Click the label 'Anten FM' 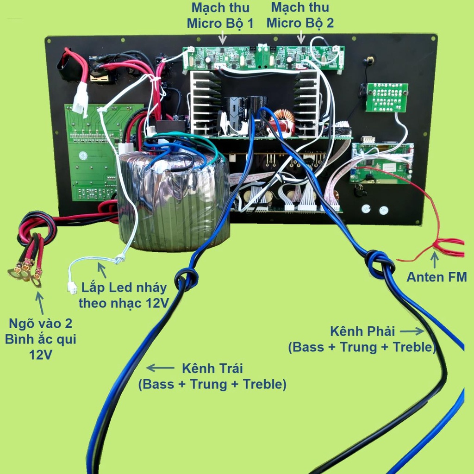point(437,277)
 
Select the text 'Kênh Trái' point(212,368)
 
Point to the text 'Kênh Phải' point(362,331)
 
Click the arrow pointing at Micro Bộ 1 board point(223,39)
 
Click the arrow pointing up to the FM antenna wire point(434,260)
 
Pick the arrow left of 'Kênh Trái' point(160,368)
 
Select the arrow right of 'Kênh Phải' point(412,331)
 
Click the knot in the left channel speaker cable point(187,279)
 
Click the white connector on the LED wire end point(72,287)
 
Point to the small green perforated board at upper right point(387,97)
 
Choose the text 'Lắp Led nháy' point(124,287)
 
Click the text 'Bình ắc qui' point(41,339)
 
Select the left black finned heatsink point(204,103)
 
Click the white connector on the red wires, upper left point(81,98)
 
